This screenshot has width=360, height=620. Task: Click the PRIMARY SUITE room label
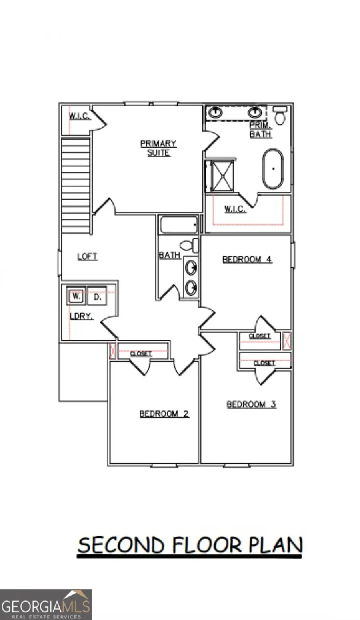coord(158,148)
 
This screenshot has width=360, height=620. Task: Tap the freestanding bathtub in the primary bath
coord(273,169)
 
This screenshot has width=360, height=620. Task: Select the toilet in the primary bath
coord(280,116)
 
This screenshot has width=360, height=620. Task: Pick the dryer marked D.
coord(97,296)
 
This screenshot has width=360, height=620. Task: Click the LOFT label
coord(87,256)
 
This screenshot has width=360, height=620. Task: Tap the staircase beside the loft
coord(76,186)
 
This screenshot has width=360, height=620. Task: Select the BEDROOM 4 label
coord(247,260)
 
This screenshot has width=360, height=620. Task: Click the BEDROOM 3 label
coord(251,404)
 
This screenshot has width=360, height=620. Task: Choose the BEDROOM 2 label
coord(164,414)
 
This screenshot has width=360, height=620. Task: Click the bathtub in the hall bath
coord(178,225)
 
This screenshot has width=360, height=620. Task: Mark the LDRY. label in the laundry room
coord(81,316)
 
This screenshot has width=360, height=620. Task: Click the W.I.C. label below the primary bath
coord(235,209)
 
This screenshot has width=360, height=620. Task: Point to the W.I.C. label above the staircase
coord(80,116)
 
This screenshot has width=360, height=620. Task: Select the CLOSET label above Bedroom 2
coord(141,354)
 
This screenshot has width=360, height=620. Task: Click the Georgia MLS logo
coord(46,604)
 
